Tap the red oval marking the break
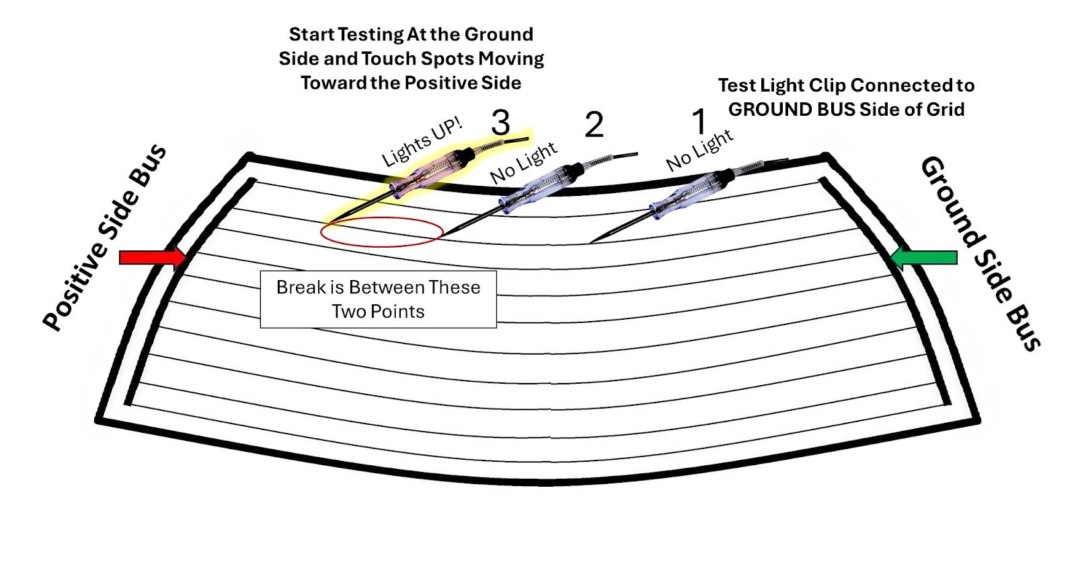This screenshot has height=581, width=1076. (381, 232)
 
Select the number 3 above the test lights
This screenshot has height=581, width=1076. (500, 123)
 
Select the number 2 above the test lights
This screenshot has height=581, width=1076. (594, 125)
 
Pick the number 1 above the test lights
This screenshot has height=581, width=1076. (699, 122)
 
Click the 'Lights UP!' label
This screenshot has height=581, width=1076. (422, 143)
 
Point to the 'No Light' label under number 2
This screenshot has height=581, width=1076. (523, 163)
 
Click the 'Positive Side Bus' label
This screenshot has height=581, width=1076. (105, 237)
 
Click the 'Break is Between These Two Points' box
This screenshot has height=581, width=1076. (378, 300)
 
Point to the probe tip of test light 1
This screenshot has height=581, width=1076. (591, 242)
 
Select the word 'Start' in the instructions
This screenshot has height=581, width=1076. (311, 34)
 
